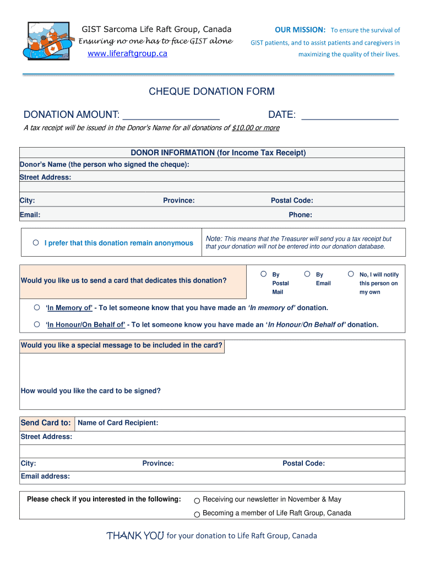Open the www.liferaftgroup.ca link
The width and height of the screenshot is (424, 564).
pos(128,53)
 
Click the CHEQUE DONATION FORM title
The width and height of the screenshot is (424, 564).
pos(211,91)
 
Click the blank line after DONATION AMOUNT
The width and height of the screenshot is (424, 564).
pos(171,115)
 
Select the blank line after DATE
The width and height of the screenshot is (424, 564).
pos(350,115)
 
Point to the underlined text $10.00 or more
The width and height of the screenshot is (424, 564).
pos(256,128)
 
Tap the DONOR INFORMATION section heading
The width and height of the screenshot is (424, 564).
pos(218,153)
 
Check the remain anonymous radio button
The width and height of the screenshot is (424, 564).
pos(36,242)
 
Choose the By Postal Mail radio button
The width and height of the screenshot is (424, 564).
pos(264,274)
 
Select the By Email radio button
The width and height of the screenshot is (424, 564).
pos(307,274)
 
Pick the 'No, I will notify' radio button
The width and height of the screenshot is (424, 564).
pos(351,274)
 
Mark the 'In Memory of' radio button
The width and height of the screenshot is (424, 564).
pos(37,307)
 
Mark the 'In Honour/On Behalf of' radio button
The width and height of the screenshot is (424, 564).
pos(37,324)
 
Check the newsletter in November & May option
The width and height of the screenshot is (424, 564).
pos(197,501)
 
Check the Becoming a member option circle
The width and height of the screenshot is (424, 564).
pos(197,514)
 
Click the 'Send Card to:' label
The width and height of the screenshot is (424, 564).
pos(46,423)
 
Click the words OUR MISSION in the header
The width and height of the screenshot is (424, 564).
pos(300,30)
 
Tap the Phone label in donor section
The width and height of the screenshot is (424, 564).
pos(300,215)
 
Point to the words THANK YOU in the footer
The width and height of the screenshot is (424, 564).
pos(135,536)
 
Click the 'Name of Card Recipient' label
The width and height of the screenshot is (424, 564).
pos(118,423)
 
